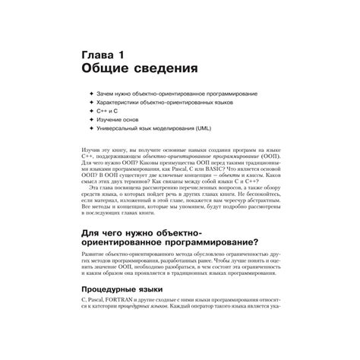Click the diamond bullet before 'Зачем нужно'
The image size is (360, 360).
[x=91, y=93]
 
